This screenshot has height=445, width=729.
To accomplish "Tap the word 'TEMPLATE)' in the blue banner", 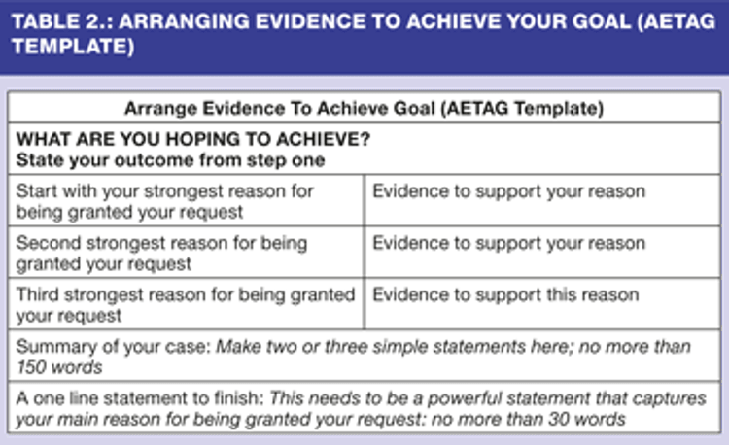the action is pyautogui.click(x=73, y=47).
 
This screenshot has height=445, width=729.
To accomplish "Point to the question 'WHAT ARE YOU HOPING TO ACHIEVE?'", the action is pyautogui.click(x=193, y=139).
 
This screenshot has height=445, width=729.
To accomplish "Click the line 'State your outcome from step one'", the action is pyautogui.click(x=170, y=160).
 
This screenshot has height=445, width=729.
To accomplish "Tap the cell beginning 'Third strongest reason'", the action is pyautogui.click(x=186, y=305).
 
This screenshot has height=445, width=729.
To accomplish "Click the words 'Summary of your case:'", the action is pyautogui.click(x=114, y=347).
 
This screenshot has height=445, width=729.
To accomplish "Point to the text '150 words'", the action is pyautogui.click(x=59, y=367).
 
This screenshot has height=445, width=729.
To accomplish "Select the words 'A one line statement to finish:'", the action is pyautogui.click(x=140, y=398).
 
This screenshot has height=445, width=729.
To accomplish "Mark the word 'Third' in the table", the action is pyautogui.click(x=38, y=295).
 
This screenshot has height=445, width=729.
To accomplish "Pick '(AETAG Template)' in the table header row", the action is pyautogui.click(x=522, y=108).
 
